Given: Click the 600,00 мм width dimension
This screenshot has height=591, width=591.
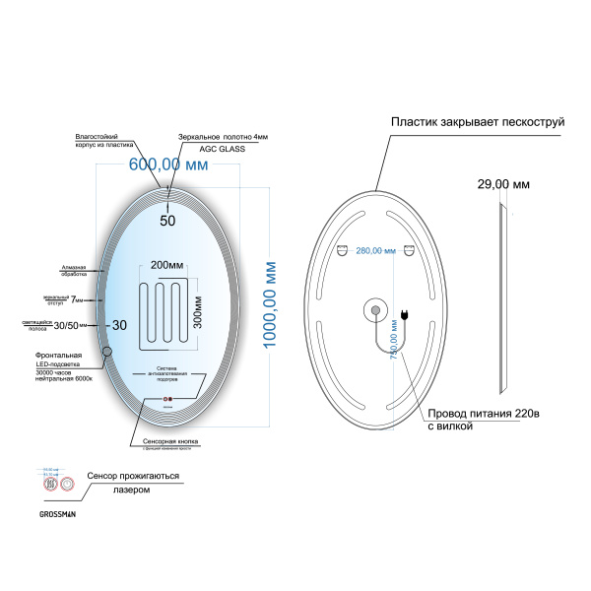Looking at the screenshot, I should coord(168,165).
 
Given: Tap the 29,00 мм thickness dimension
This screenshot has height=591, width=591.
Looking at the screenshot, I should coord(503,184).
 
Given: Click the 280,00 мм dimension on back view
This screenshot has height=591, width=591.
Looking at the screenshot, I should coord(375,251).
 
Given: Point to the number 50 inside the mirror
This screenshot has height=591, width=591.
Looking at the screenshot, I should coord(167,221).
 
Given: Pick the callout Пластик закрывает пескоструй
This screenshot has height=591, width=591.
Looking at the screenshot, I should coord(477,121).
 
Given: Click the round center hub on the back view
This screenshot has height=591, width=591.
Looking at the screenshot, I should coord(375,311).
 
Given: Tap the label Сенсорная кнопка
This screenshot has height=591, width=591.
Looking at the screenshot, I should coord(171,443).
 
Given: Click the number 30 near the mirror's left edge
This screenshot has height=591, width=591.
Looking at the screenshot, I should coord(119,324).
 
